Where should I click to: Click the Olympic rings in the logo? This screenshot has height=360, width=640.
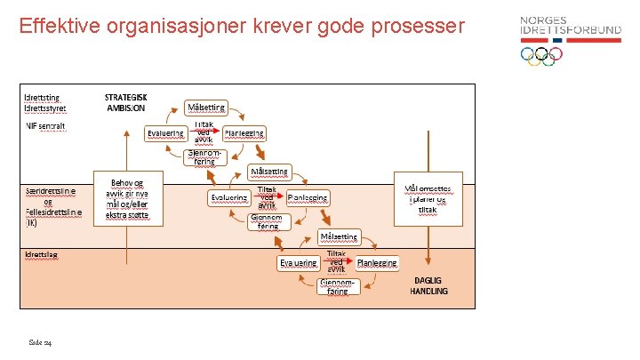(541, 56)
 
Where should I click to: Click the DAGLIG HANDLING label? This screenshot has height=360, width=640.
(428, 285)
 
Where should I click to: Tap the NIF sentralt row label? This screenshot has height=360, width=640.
(46, 126)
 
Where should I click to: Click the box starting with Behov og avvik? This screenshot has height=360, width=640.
(128, 194)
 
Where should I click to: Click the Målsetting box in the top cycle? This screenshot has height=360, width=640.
(205, 108)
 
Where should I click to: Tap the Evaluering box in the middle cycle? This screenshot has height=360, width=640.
(228, 197)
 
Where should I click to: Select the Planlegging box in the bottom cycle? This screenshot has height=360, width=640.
(377, 263)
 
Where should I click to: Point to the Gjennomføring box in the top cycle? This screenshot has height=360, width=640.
(205, 156)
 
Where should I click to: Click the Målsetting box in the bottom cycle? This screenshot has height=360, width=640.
(339, 237)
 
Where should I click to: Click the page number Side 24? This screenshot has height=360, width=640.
(39, 340)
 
